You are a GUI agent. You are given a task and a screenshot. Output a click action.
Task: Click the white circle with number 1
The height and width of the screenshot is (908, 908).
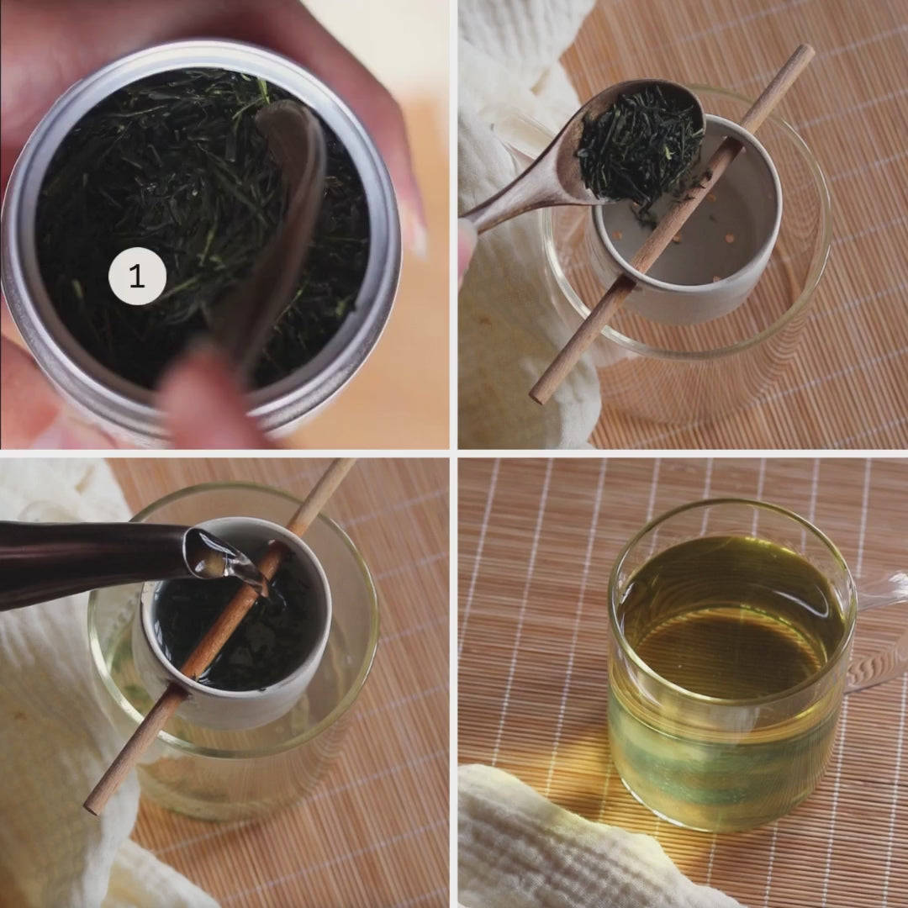tap(137, 276)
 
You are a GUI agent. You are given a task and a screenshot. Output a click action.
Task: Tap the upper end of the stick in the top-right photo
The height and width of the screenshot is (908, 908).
tap(805, 53)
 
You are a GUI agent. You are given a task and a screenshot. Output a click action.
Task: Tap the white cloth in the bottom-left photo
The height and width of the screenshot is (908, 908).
tap(52, 724)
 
